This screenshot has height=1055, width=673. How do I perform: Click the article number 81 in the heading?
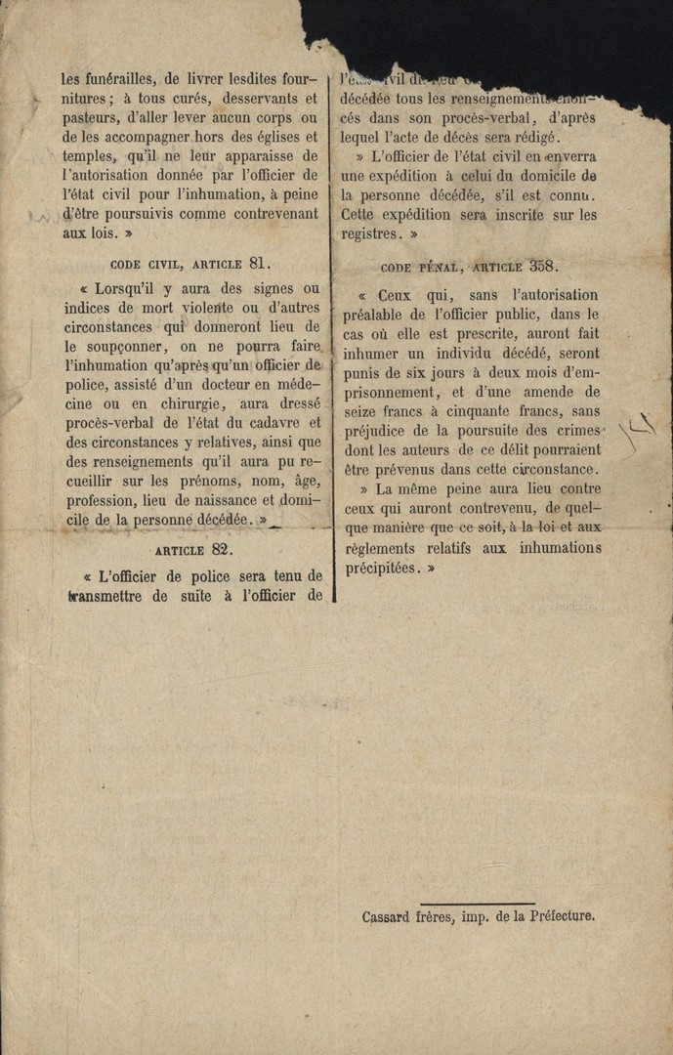259,262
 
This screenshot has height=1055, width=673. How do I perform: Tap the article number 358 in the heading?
544,265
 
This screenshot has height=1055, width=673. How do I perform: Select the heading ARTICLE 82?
194,549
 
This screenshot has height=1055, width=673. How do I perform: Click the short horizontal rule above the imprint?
478,904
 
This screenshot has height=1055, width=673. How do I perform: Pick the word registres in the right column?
370,234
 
